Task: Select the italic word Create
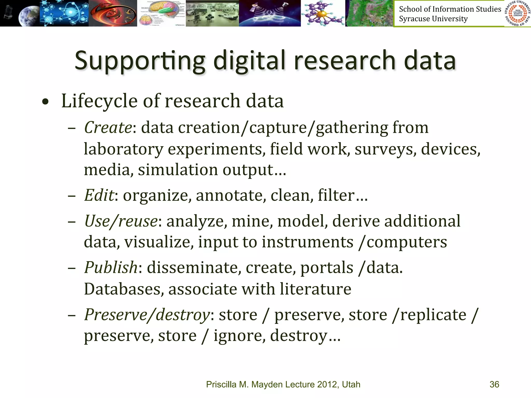[x=108, y=127]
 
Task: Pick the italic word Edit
[x=99, y=195]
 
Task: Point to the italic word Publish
[x=111, y=267]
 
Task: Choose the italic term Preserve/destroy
[x=147, y=315]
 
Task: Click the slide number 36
[x=494, y=384]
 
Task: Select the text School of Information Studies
[x=450, y=9]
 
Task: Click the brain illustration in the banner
[x=161, y=13]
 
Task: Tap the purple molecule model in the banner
[x=323, y=13]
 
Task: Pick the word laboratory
[x=123, y=149]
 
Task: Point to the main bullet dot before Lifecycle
[x=45, y=102]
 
